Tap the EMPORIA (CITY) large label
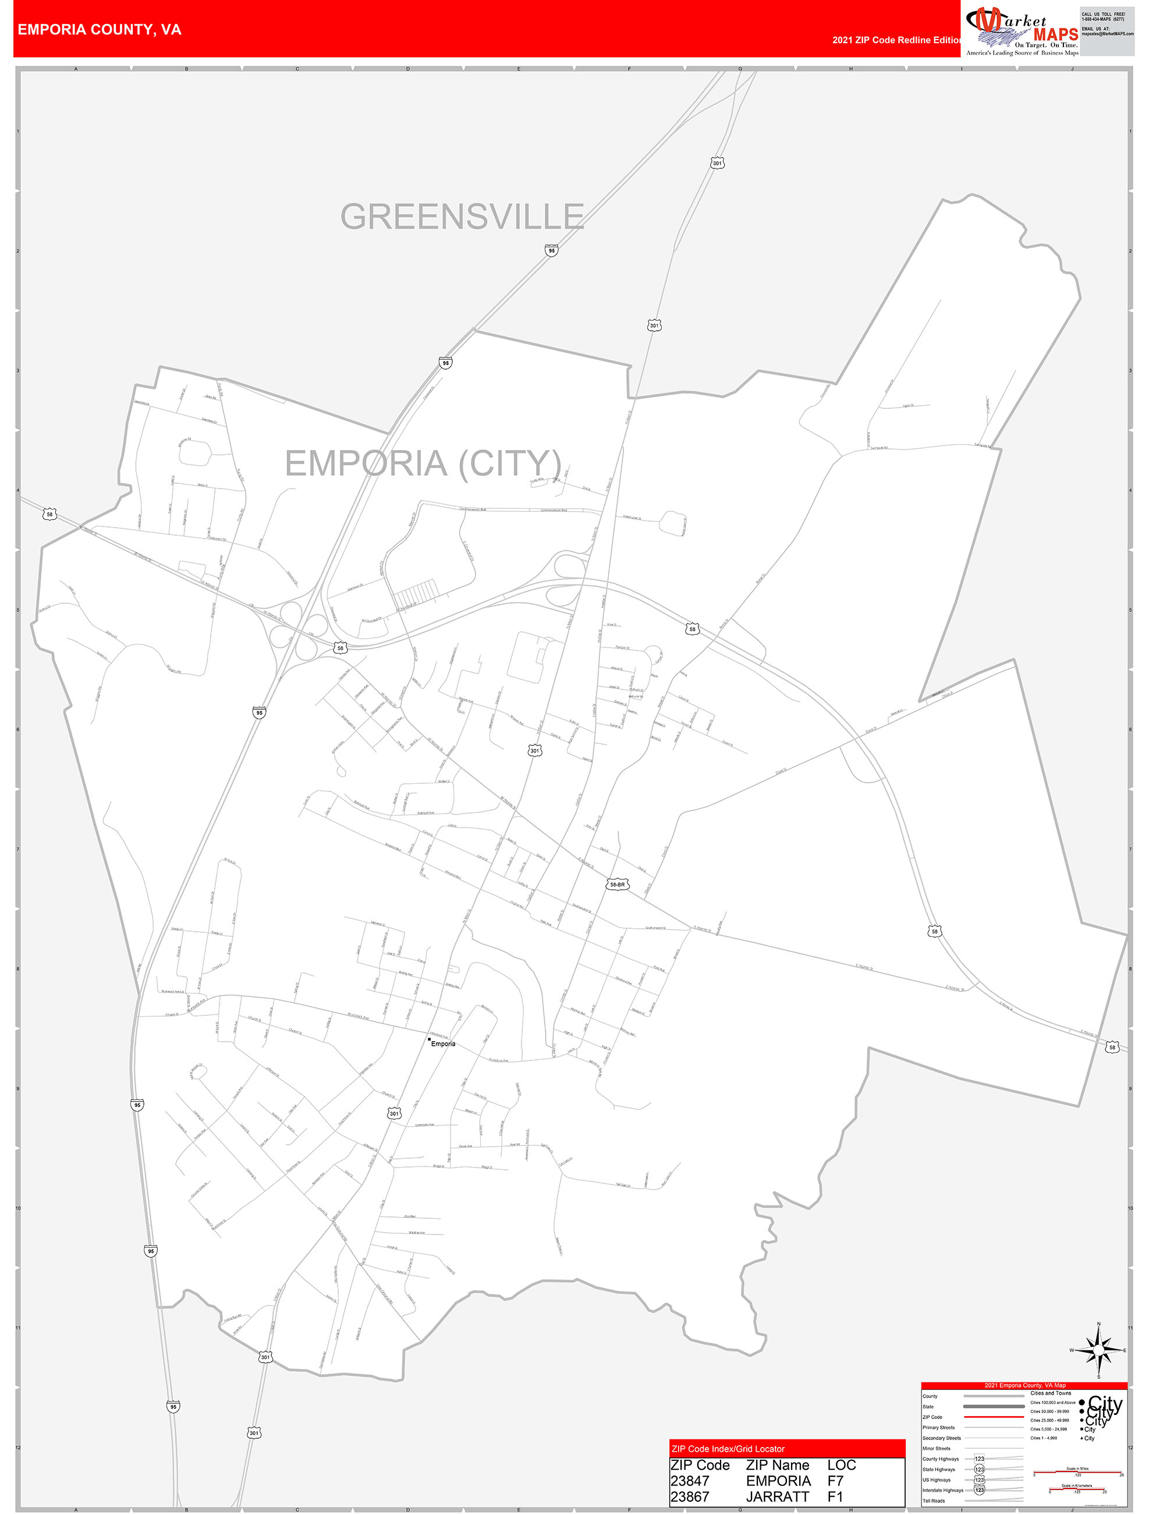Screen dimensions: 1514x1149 [423, 464]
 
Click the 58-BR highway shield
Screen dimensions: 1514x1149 [616, 885]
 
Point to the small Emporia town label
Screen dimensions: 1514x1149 [443, 1043]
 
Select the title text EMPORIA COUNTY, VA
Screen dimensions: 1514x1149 [99, 30]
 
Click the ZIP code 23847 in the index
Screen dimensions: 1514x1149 [690, 1480]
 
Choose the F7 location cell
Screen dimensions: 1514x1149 [836, 1480]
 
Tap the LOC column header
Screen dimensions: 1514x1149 [841, 1465]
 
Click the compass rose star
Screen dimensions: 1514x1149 [1098, 1350]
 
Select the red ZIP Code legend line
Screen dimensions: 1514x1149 [994, 1417]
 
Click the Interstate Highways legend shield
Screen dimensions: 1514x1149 [979, 1490]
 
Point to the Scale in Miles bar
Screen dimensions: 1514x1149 [1077, 1473]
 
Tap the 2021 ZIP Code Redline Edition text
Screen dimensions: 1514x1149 [896, 40]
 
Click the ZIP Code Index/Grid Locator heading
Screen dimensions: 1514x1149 [728, 1448]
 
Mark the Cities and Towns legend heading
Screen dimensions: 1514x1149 [1051, 1393]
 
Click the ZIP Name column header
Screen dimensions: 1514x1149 [778, 1465]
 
